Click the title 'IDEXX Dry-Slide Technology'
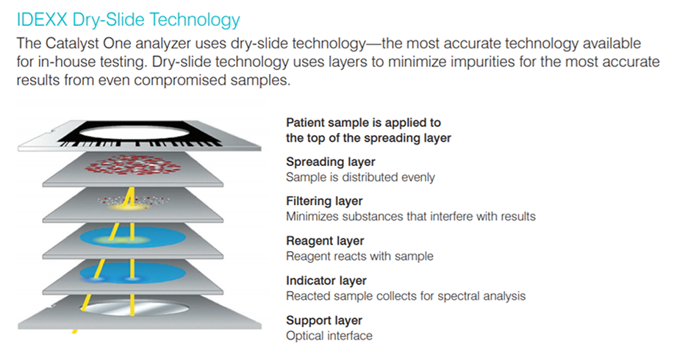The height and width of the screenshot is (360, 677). pyautogui.click(x=128, y=20)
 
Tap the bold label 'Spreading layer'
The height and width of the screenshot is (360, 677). pyautogui.click(x=331, y=162)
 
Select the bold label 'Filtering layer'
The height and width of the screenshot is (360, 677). pyautogui.click(x=324, y=201)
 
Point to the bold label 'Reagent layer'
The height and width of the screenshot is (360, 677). pyautogui.click(x=325, y=241)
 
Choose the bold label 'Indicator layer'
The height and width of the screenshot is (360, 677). pyautogui.click(x=326, y=281)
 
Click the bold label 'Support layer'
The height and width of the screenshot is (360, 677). pyautogui.click(x=324, y=320)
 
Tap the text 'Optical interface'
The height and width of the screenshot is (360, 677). pyautogui.click(x=329, y=336)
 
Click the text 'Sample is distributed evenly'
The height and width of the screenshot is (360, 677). pyautogui.click(x=360, y=177)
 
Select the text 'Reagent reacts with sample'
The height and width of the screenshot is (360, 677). pyautogui.click(x=359, y=256)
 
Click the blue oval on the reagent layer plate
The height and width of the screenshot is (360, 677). pyautogui.click(x=132, y=237)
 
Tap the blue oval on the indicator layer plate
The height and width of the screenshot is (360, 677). pyautogui.click(x=132, y=273)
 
